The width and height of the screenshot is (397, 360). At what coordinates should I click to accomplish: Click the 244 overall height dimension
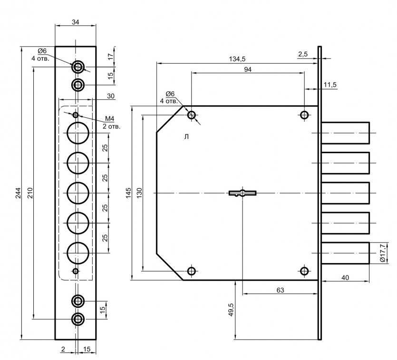(19, 193)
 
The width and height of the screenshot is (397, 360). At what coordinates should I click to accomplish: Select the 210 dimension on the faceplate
(30, 193)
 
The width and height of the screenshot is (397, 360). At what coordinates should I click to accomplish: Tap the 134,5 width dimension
(236, 59)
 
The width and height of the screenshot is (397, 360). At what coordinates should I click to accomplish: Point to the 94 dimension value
(247, 69)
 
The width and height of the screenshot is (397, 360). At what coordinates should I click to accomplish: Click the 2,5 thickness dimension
(303, 55)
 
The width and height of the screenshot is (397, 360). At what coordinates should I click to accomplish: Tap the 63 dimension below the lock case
(280, 290)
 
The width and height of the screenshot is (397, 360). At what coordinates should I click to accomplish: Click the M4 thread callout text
(110, 118)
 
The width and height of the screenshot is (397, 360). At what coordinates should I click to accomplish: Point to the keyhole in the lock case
(242, 193)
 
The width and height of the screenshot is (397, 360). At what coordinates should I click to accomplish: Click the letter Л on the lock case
(186, 137)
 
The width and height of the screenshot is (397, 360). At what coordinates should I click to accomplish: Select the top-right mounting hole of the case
(304, 115)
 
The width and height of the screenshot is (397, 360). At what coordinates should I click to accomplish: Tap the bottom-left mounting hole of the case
(192, 271)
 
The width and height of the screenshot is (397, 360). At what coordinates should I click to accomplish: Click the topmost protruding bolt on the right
(346, 133)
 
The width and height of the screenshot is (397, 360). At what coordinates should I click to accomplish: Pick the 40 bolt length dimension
(346, 277)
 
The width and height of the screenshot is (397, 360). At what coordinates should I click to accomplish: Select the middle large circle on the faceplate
(78, 193)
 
